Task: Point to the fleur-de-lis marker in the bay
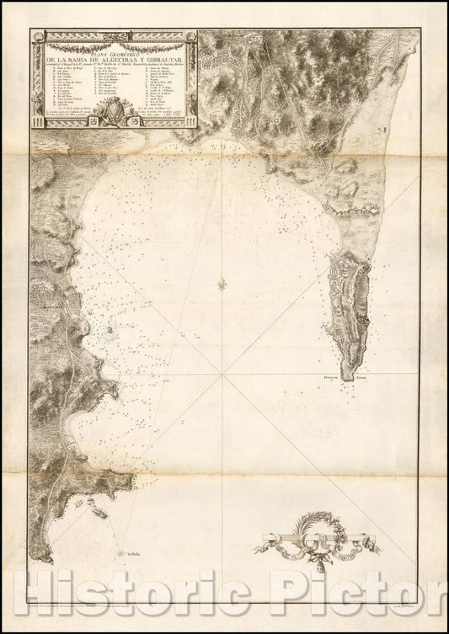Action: coord(221,283)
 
